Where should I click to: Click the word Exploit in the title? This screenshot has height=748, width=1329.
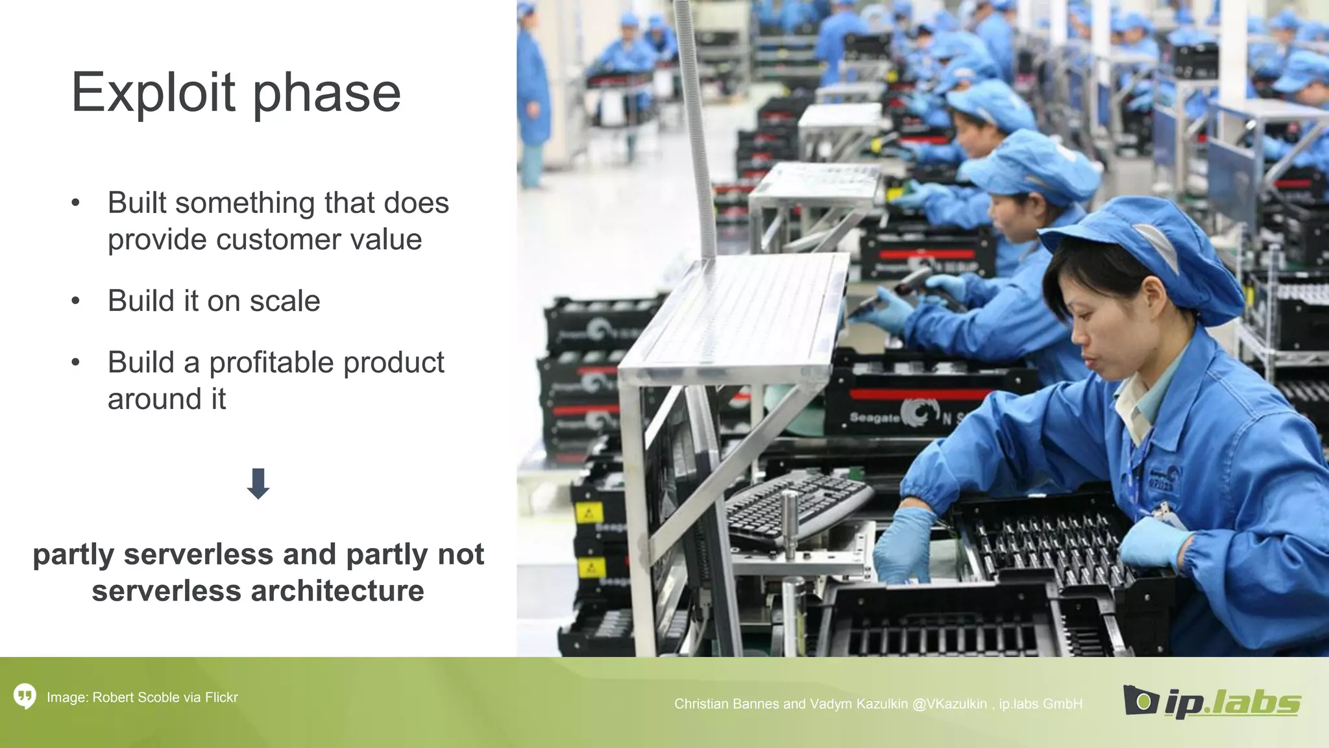(x=152, y=92)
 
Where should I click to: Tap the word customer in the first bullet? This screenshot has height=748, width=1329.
(x=280, y=240)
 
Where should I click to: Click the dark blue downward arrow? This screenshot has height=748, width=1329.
(x=258, y=484)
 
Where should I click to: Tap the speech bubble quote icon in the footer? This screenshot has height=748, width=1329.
(x=25, y=697)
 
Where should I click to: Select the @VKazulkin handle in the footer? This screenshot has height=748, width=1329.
(x=949, y=704)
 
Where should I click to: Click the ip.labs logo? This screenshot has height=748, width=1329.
(x=1212, y=701)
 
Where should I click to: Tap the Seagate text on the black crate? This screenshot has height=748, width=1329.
(x=874, y=418)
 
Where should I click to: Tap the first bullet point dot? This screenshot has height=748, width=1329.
(x=76, y=203)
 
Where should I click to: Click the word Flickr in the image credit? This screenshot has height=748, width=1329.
(x=221, y=697)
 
